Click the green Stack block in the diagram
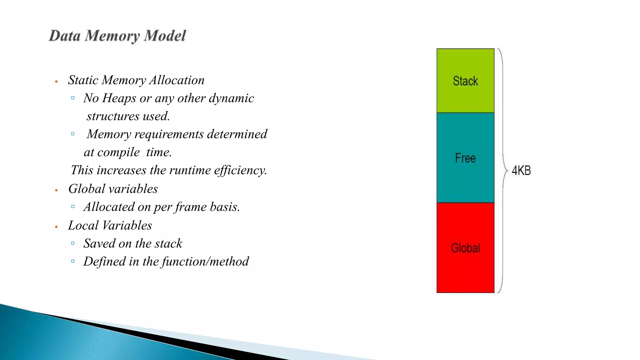465,81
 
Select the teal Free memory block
465,158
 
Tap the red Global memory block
465,248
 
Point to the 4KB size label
521,171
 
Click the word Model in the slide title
165,36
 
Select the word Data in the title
65,36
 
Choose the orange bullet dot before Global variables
56,190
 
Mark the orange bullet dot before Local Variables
56,227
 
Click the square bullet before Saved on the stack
73,243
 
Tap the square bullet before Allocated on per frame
73,207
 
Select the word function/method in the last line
205,262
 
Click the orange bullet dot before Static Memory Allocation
56,82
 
